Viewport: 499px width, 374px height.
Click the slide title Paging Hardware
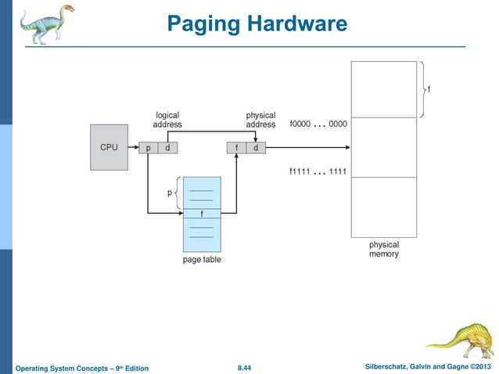257,24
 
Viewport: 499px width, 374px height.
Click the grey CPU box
109,147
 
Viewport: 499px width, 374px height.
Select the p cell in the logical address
149,148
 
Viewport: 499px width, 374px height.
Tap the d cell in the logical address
167,148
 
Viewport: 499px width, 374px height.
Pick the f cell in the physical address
236,148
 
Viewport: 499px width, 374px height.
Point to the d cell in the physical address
256,148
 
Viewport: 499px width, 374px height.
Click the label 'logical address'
167,120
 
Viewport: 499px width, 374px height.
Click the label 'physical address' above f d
260,120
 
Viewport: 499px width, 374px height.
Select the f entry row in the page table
202,214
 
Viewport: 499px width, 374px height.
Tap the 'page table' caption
202,259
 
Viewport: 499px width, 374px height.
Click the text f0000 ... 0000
318,124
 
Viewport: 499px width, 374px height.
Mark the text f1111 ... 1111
318,171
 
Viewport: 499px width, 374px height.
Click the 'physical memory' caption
384,250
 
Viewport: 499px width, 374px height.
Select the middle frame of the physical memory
384,148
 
